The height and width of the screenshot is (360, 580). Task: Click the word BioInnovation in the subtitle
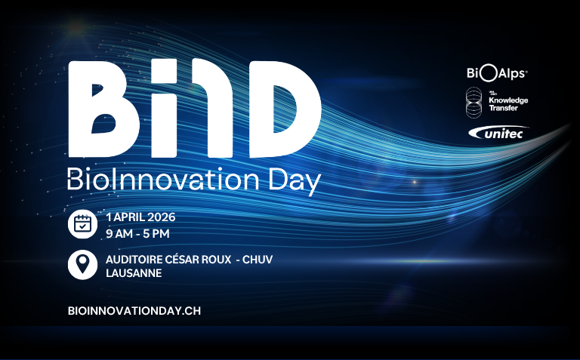click(x=155, y=181)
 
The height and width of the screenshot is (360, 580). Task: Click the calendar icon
click(x=82, y=224)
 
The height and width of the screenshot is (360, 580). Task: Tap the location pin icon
click(x=82, y=264)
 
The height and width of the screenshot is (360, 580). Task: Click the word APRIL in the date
click(x=129, y=217)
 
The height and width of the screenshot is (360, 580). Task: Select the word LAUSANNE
click(x=134, y=272)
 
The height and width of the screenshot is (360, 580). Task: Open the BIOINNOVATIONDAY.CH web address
click(x=134, y=310)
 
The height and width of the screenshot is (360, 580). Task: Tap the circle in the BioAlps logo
click(x=488, y=72)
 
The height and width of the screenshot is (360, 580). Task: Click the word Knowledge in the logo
click(x=508, y=100)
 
